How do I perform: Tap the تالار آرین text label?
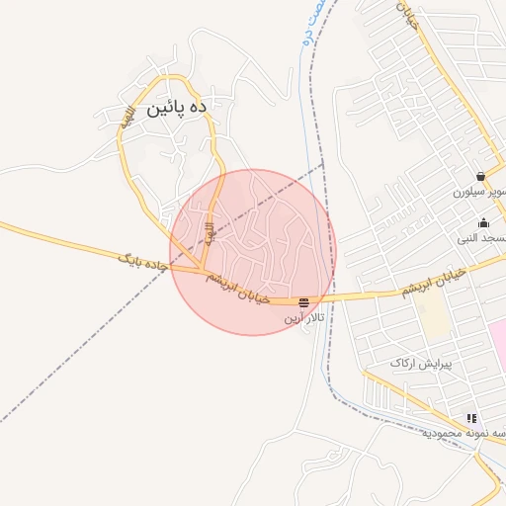click(x=303, y=317)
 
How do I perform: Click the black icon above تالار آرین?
click(x=302, y=301)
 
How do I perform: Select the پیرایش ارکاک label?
click(x=420, y=364)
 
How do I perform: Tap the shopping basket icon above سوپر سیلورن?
click(x=480, y=177)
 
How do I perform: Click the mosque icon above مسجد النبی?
click(x=482, y=223)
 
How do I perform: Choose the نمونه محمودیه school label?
click(x=465, y=434)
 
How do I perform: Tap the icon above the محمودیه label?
click(x=471, y=419)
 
